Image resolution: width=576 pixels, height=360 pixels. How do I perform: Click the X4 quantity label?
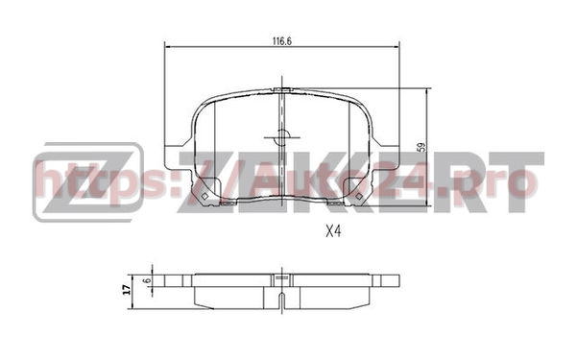[x=335, y=231]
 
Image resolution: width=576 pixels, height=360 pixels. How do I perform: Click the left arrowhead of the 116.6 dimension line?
[x=169, y=44]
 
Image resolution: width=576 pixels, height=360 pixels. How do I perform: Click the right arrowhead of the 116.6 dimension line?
[x=395, y=44]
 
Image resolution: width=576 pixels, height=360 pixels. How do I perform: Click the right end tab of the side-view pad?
[x=390, y=279]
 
